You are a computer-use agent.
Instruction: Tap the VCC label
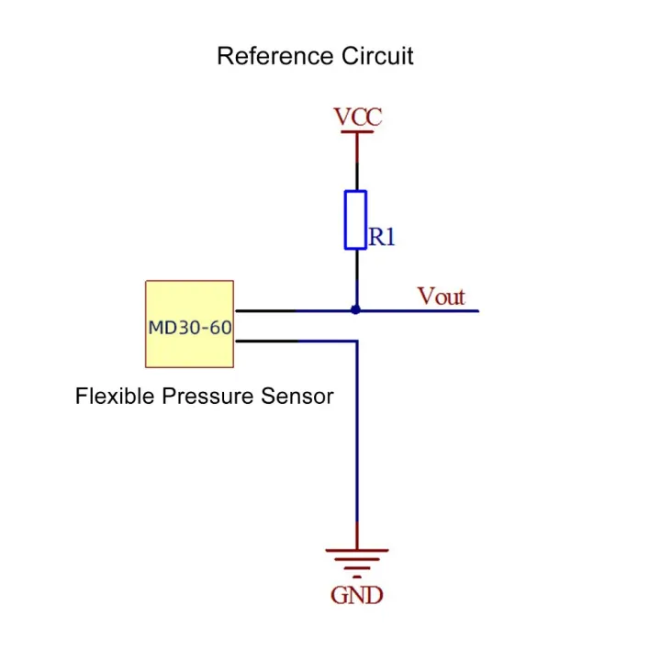(357, 118)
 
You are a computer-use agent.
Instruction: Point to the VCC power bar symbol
(357, 132)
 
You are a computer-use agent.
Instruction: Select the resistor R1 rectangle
(356, 219)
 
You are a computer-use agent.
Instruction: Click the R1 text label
(383, 238)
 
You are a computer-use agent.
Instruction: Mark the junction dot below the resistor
(356, 310)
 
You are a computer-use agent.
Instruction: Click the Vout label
(442, 297)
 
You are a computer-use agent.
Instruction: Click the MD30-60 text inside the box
(190, 328)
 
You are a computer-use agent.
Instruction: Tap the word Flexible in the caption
(116, 398)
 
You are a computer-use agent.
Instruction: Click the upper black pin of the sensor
(266, 310)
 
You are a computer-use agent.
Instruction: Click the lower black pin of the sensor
(266, 341)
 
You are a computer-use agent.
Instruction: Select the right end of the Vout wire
(476, 310)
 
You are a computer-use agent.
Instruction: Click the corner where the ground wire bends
(356, 341)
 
